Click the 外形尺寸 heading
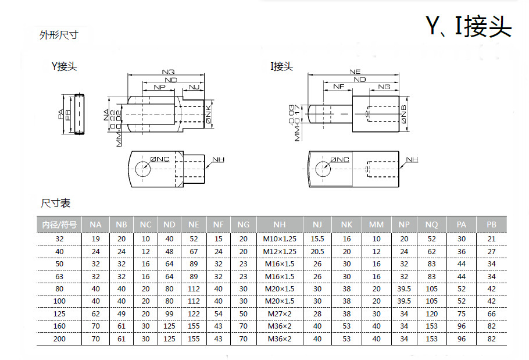click(x=58, y=35)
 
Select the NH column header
click(x=279, y=224)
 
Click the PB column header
click(x=491, y=224)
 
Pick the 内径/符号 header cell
click(x=60, y=224)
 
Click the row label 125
click(x=60, y=314)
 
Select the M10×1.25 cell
click(x=279, y=239)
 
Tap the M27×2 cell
click(x=279, y=314)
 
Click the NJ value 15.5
click(x=317, y=239)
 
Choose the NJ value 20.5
click(x=317, y=251)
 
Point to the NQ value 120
click(x=431, y=314)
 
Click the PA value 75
click(x=462, y=314)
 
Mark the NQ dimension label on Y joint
click(x=168, y=72)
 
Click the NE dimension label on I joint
click(x=355, y=72)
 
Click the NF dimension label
click(x=339, y=86)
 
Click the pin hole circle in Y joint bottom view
click(x=142, y=169)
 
